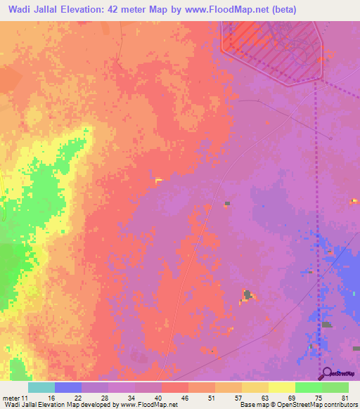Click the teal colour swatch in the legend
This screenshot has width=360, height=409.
41,387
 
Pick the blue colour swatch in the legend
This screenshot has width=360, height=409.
67,387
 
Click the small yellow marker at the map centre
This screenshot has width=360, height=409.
158,181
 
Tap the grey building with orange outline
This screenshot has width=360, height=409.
247,294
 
